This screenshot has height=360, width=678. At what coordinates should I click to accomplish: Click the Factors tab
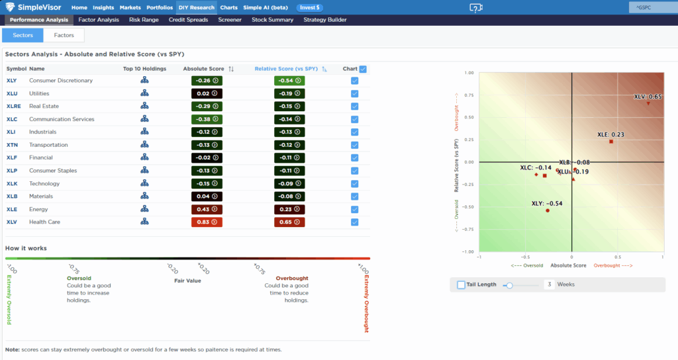pyautogui.click(x=64, y=35)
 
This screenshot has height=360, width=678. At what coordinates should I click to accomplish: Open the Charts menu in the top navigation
pyautogui.click(x=228, y=7)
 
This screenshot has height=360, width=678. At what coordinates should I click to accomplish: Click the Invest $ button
pyautogui.click(x=310, y=7)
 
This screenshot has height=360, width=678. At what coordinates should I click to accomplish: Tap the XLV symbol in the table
pyautogui.click(x=11, y=222)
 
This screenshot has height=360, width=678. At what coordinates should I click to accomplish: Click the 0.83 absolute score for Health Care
pyautogui.click(x=207, y=222)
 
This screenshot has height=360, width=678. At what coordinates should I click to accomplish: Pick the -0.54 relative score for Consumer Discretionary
pyautogui.click(x=290, y=81)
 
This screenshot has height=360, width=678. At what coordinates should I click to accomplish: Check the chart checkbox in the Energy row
pyautogui.click(x=355, y=209)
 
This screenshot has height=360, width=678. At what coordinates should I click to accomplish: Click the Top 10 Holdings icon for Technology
pyautogui.click(x=144, y=183)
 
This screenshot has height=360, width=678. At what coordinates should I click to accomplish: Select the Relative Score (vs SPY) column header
pyautogui.click(x=286, y=68)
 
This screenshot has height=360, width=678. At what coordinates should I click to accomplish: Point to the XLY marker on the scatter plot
pyautogui.click(x=548, y=210)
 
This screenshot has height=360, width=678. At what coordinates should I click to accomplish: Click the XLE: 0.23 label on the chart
pyautogui.click(x=610, y=134)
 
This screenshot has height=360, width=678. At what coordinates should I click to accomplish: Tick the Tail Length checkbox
pyautogui.click(x=461, y=285)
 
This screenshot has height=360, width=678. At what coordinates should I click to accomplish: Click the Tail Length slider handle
pyautogui.click(x=509, y=285)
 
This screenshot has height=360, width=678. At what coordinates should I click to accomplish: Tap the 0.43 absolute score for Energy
pyautogui.click(x=207, y=209)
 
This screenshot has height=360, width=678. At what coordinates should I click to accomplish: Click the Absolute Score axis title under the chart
pyautogui.click(x=569, y=265)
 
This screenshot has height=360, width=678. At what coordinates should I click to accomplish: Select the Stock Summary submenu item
pyautogui.click(x=272, y=20)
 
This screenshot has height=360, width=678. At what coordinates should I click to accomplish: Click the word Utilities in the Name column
pyautogui.click(x=39, y=93)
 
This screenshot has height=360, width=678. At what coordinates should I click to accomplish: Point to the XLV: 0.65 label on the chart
pyautogui.click(x=648, y=97)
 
